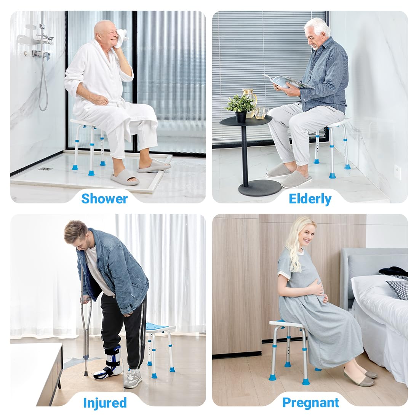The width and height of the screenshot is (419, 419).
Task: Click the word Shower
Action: coord(104,198)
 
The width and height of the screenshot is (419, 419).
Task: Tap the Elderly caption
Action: coord(310,198)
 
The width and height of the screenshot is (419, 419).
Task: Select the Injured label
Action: coord(105,403)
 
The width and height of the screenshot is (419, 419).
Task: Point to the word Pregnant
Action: coord(311,403)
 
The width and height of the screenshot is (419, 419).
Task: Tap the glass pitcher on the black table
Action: coord(249,99)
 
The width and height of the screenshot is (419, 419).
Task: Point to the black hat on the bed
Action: coord(392,271)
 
